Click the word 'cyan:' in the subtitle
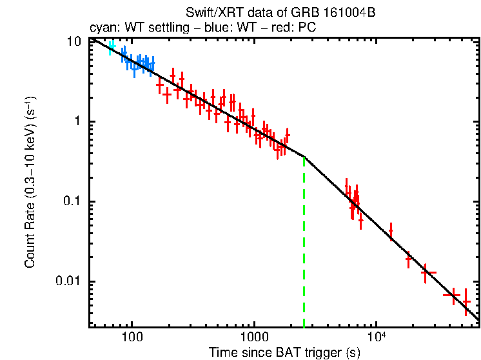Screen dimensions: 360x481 coord(102,28)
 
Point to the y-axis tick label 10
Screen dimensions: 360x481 coord(74,41)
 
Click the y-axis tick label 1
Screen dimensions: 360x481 coord(79,122)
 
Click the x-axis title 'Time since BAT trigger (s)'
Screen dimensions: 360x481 coord(284,353)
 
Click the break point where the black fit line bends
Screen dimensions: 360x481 coord(304,156)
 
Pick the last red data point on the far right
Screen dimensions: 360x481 coord(466,301)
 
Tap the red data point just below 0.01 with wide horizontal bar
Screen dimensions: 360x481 coord(452,295)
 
